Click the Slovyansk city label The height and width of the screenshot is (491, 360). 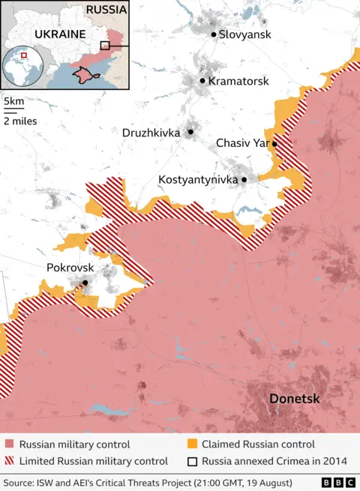point(244,34)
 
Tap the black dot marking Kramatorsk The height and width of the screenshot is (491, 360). point(202,81)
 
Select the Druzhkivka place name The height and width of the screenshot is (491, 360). point(151,133)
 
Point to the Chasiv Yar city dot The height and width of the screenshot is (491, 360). point(275,144)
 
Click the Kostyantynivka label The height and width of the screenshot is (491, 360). point(198,180)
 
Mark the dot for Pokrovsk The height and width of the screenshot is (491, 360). point(85,283)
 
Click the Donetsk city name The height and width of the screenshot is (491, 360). point(295,399)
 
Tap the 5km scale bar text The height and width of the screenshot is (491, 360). point(13,101)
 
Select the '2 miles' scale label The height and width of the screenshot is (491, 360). point(20,120)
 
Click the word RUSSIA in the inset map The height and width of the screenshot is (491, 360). point(106,10)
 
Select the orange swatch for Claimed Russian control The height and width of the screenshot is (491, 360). point(192,445)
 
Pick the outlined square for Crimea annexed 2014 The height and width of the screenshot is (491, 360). point(192,461)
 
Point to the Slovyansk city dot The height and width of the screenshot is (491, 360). point(214,34)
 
